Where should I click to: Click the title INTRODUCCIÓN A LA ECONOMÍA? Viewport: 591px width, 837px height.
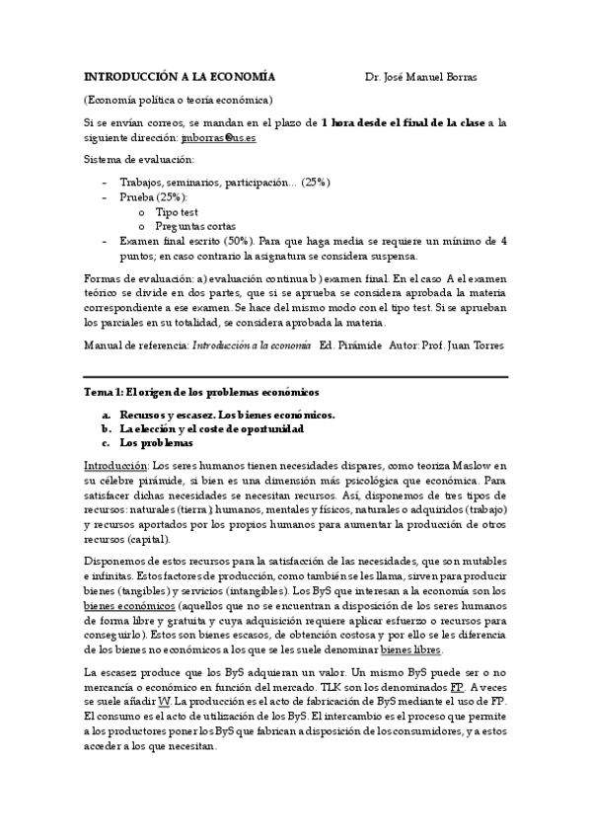point(179,76)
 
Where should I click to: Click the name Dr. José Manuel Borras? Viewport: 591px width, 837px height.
point(420,76)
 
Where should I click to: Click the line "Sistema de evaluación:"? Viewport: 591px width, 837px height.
point(138,159)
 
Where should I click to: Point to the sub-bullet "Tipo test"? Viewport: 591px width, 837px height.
point(177,211)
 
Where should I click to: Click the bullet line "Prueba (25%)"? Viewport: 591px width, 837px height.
point(153,196)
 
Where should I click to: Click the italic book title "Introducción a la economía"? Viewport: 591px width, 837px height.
point(251,345)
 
